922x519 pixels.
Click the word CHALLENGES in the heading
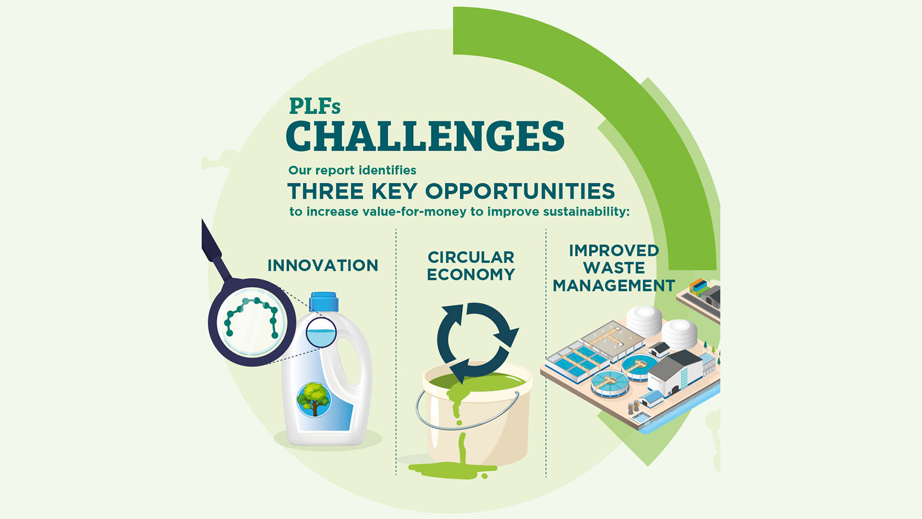425,136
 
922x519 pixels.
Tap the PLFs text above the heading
315,107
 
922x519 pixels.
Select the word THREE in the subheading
325,191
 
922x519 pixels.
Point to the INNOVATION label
323,265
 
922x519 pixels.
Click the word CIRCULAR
471,257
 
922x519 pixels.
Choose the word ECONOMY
471,274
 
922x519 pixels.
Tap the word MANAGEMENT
613,285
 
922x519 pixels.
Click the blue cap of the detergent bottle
324,302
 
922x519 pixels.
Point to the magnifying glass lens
252,322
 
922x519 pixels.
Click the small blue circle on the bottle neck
321,333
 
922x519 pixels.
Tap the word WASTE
614,268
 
